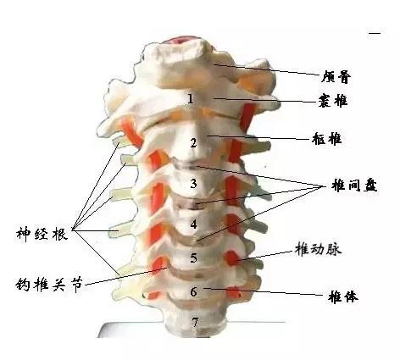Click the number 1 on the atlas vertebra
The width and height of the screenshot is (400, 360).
(x=191, y=99)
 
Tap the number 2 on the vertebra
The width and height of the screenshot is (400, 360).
(x=193, y=143)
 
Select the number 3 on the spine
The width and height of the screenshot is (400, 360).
(x=193, y=184)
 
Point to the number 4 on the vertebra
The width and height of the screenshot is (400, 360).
(x=193, y=224)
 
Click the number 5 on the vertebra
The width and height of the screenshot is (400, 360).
(x=193, y=258)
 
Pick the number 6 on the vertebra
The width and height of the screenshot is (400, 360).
(x=194, y=292)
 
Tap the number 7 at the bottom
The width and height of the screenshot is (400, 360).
(x=195, y=323)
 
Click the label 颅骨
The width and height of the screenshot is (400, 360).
(x=336, y=77)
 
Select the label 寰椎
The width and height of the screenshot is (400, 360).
(x=333, y=101)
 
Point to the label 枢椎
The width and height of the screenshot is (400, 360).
(x=327, y=139)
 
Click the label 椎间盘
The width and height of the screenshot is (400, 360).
(x=354, y=186)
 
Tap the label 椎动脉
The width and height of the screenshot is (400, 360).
(x=318, y=249)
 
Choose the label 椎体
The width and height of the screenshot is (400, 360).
(x=343, y=297)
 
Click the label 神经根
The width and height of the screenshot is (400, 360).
(x=42, y=234)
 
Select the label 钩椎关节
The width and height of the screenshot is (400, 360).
(x=49, y=285)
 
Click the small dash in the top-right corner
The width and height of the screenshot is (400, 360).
(x=375, y=33)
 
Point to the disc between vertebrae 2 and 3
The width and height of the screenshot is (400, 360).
(x=186, y=163)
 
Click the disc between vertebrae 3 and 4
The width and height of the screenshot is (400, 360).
(x=189, y=204)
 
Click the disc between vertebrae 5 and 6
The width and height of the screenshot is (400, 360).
(x=195, y=274)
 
